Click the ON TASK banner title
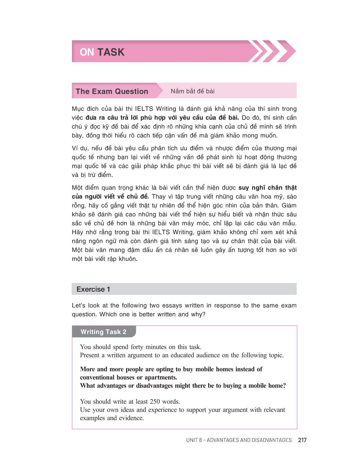102,52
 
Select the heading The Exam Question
112,91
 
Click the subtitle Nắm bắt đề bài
193,91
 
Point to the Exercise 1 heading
93,289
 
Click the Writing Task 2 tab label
103,332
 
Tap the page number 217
302,440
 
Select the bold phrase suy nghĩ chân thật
268,188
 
